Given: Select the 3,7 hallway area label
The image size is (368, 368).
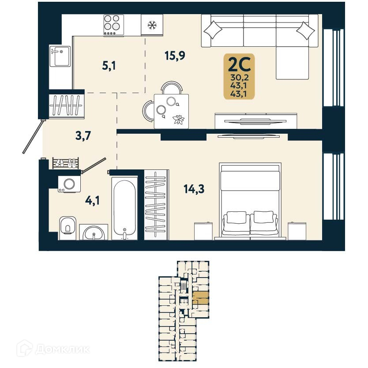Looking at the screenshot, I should point(83,135).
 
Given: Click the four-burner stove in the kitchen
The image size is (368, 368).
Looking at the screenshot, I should point(114,25).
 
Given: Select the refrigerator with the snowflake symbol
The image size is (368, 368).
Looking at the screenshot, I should point(152,25).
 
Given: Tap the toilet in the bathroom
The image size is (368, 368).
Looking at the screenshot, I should point(67,227).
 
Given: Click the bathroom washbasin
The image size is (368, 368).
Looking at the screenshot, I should point(93,232).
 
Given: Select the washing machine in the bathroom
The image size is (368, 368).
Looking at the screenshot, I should point(69,183).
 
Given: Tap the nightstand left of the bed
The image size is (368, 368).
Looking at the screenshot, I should point(203,230).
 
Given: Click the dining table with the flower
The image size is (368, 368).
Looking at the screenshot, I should point(171,111).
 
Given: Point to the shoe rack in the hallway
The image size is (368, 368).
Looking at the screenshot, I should point(66,163).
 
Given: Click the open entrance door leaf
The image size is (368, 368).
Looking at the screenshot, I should point(33,137).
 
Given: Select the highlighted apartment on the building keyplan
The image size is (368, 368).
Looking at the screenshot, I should point(201,299).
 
